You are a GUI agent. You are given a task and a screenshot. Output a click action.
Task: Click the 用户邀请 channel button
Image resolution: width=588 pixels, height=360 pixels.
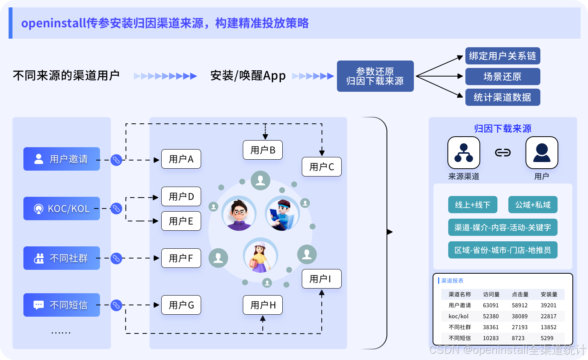[x=62, y=159]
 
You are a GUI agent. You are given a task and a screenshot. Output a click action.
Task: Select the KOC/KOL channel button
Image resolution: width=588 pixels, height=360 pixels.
[x=62, y=209]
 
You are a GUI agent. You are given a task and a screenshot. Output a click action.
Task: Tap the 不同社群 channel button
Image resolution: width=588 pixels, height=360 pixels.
[x=62, y=258]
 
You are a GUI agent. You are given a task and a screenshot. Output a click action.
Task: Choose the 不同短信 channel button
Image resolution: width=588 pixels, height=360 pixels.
[x=62, y=305]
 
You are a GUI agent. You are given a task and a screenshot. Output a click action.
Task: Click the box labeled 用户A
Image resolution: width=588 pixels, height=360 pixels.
[x=181, y=159]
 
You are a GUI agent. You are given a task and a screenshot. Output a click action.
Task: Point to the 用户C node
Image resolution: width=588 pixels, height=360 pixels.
[x=322, y=167]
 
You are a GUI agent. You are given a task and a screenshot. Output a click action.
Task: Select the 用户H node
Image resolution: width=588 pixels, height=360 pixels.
[x=263, y=305]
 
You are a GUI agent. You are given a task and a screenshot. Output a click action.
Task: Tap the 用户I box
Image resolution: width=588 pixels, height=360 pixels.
[x=322, y=279]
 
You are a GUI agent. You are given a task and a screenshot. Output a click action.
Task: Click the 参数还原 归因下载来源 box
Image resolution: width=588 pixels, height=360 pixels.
[x=375, y=76]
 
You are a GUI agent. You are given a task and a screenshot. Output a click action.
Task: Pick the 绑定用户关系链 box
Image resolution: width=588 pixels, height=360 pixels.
[x=502, y=56]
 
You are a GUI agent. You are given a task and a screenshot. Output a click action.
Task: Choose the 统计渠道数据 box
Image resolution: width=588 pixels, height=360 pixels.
[x=502, y=97]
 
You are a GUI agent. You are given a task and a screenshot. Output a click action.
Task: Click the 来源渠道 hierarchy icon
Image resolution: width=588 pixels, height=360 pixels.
[x=464, y=153]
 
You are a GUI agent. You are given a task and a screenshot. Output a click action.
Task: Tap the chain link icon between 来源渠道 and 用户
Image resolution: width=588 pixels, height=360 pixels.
[x=503, y=153]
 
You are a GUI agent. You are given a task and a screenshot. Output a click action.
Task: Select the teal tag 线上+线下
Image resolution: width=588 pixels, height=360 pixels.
[x=472, y=205]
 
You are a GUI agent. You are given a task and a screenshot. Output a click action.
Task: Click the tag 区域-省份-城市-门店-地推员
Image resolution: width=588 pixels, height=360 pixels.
[x=502, y=250]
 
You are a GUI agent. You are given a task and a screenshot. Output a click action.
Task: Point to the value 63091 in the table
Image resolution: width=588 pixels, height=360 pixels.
[x=491, y=305]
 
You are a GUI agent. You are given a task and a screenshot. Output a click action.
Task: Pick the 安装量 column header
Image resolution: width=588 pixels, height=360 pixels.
[x=549, y=294]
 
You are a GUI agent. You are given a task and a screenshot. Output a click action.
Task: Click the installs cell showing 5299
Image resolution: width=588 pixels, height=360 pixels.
[x=547, y=338]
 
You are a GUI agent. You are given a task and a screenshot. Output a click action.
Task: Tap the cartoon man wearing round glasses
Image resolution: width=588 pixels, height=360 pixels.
[x=239, y=214]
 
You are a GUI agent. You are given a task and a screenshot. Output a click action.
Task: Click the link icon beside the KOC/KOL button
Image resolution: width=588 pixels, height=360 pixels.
[x=116, y=209]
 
